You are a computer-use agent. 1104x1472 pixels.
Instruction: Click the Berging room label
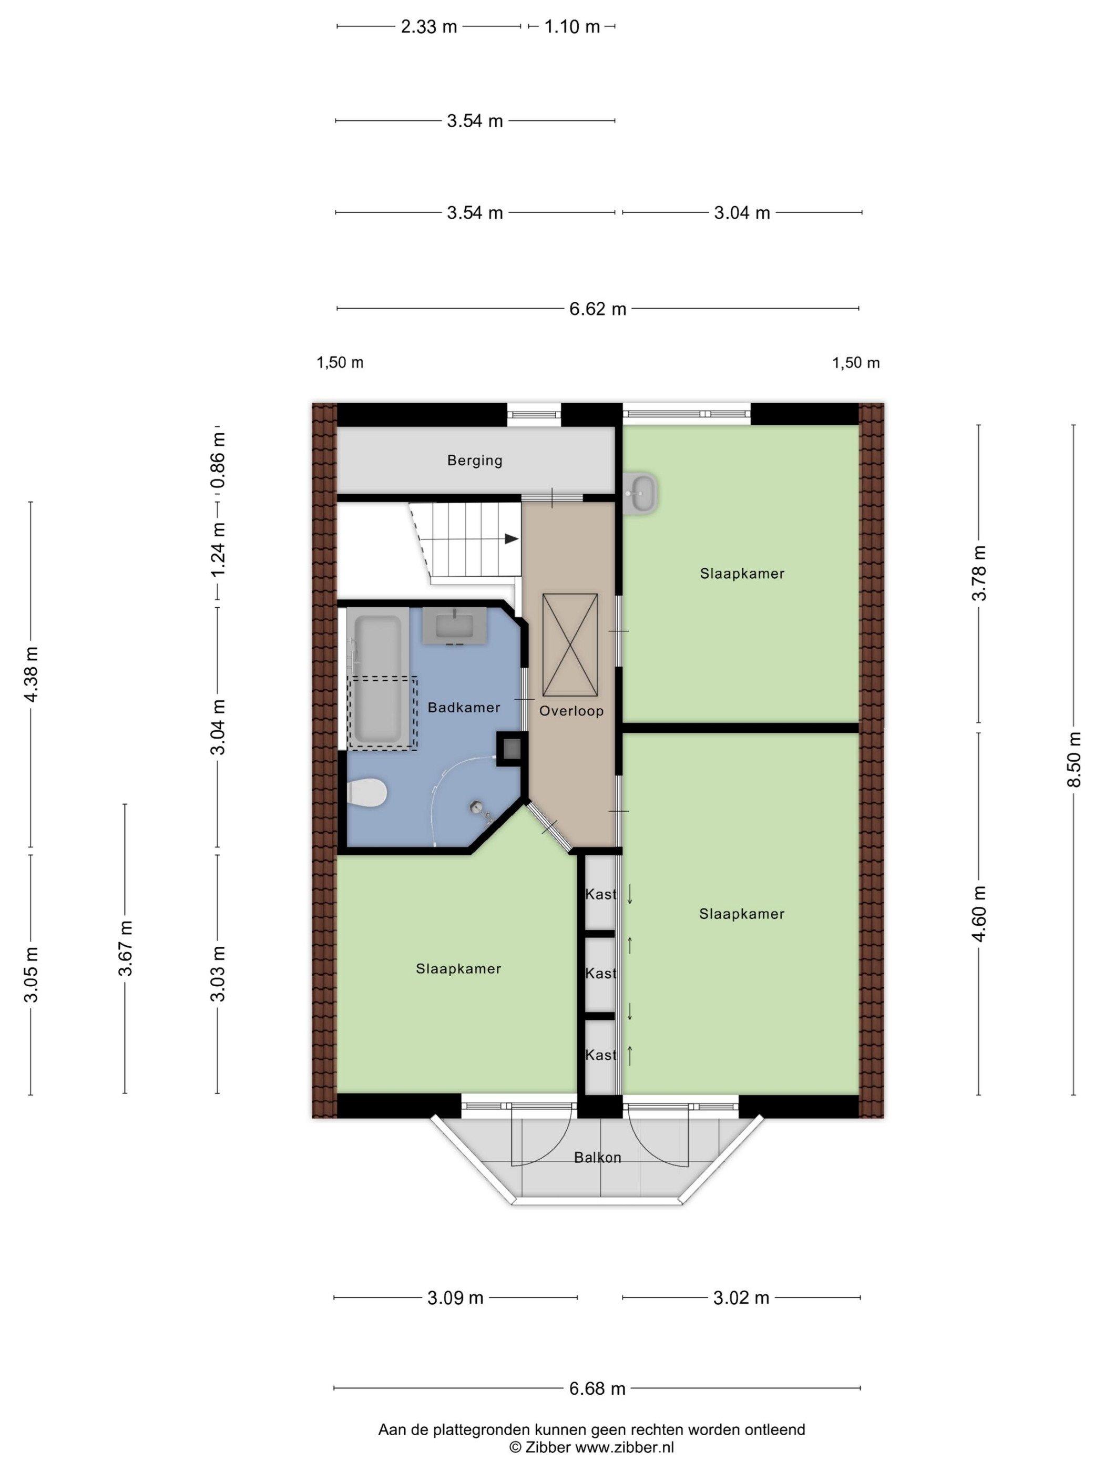[x=475, y=460]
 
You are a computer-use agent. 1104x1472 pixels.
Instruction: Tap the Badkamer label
[x=464, y=708]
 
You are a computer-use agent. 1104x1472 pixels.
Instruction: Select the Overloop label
[x=571, y=711]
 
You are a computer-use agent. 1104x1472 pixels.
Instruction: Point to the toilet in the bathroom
[x=366, y=793]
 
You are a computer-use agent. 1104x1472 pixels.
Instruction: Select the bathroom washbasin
[x=455, y=626]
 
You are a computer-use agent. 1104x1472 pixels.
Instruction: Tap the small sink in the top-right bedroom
[x=641, y=493]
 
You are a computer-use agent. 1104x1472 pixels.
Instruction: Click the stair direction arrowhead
[x=511, y=539]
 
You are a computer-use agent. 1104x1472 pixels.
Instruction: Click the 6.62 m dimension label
[x=598, y=309]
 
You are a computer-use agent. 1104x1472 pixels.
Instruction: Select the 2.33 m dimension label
[x=428, y=27]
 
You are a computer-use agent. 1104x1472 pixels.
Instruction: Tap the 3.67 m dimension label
[x=125, y=948]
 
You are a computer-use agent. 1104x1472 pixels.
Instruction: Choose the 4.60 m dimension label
[x=978, y=914]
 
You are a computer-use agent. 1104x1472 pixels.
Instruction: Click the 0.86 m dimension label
[x=218, y=460]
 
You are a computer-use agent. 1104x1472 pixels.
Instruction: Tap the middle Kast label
[x=601, y=974]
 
